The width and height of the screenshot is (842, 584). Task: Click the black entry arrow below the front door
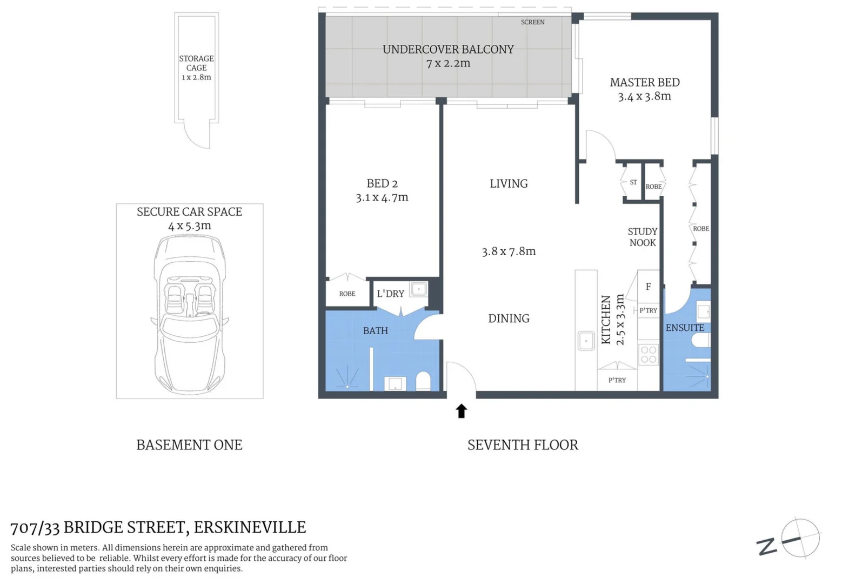click(461, 411)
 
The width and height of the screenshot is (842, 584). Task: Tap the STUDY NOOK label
click(642, 237)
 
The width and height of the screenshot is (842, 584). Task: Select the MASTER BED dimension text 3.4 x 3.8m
click(644, 96)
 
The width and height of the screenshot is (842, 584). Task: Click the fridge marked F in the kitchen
click(648, 287)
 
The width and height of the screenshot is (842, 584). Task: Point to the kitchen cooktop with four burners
click(648, 354)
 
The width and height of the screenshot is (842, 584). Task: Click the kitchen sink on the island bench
click(586, 341)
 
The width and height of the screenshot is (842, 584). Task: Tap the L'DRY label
click(390, 294)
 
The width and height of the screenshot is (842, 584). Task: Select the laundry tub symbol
click(418, 289)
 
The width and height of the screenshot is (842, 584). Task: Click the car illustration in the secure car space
click(189, 314)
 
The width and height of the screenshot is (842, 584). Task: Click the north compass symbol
click(799, 538)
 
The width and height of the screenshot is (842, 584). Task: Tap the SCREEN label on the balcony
click(532, 22)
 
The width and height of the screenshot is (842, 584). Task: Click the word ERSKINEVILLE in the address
click(250, 527)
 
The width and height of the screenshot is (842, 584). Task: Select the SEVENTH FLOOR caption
click(523, 445)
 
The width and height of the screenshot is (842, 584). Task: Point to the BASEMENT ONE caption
click(189, 445)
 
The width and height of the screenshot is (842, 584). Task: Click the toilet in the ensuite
click(700, 340)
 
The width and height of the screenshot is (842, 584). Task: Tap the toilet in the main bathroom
click(423, 381)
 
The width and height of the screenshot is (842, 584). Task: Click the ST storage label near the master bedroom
click(633, 182)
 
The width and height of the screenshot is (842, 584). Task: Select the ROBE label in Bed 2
click(347, 294)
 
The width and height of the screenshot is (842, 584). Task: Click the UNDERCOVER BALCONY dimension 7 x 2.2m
click(448, 63)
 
